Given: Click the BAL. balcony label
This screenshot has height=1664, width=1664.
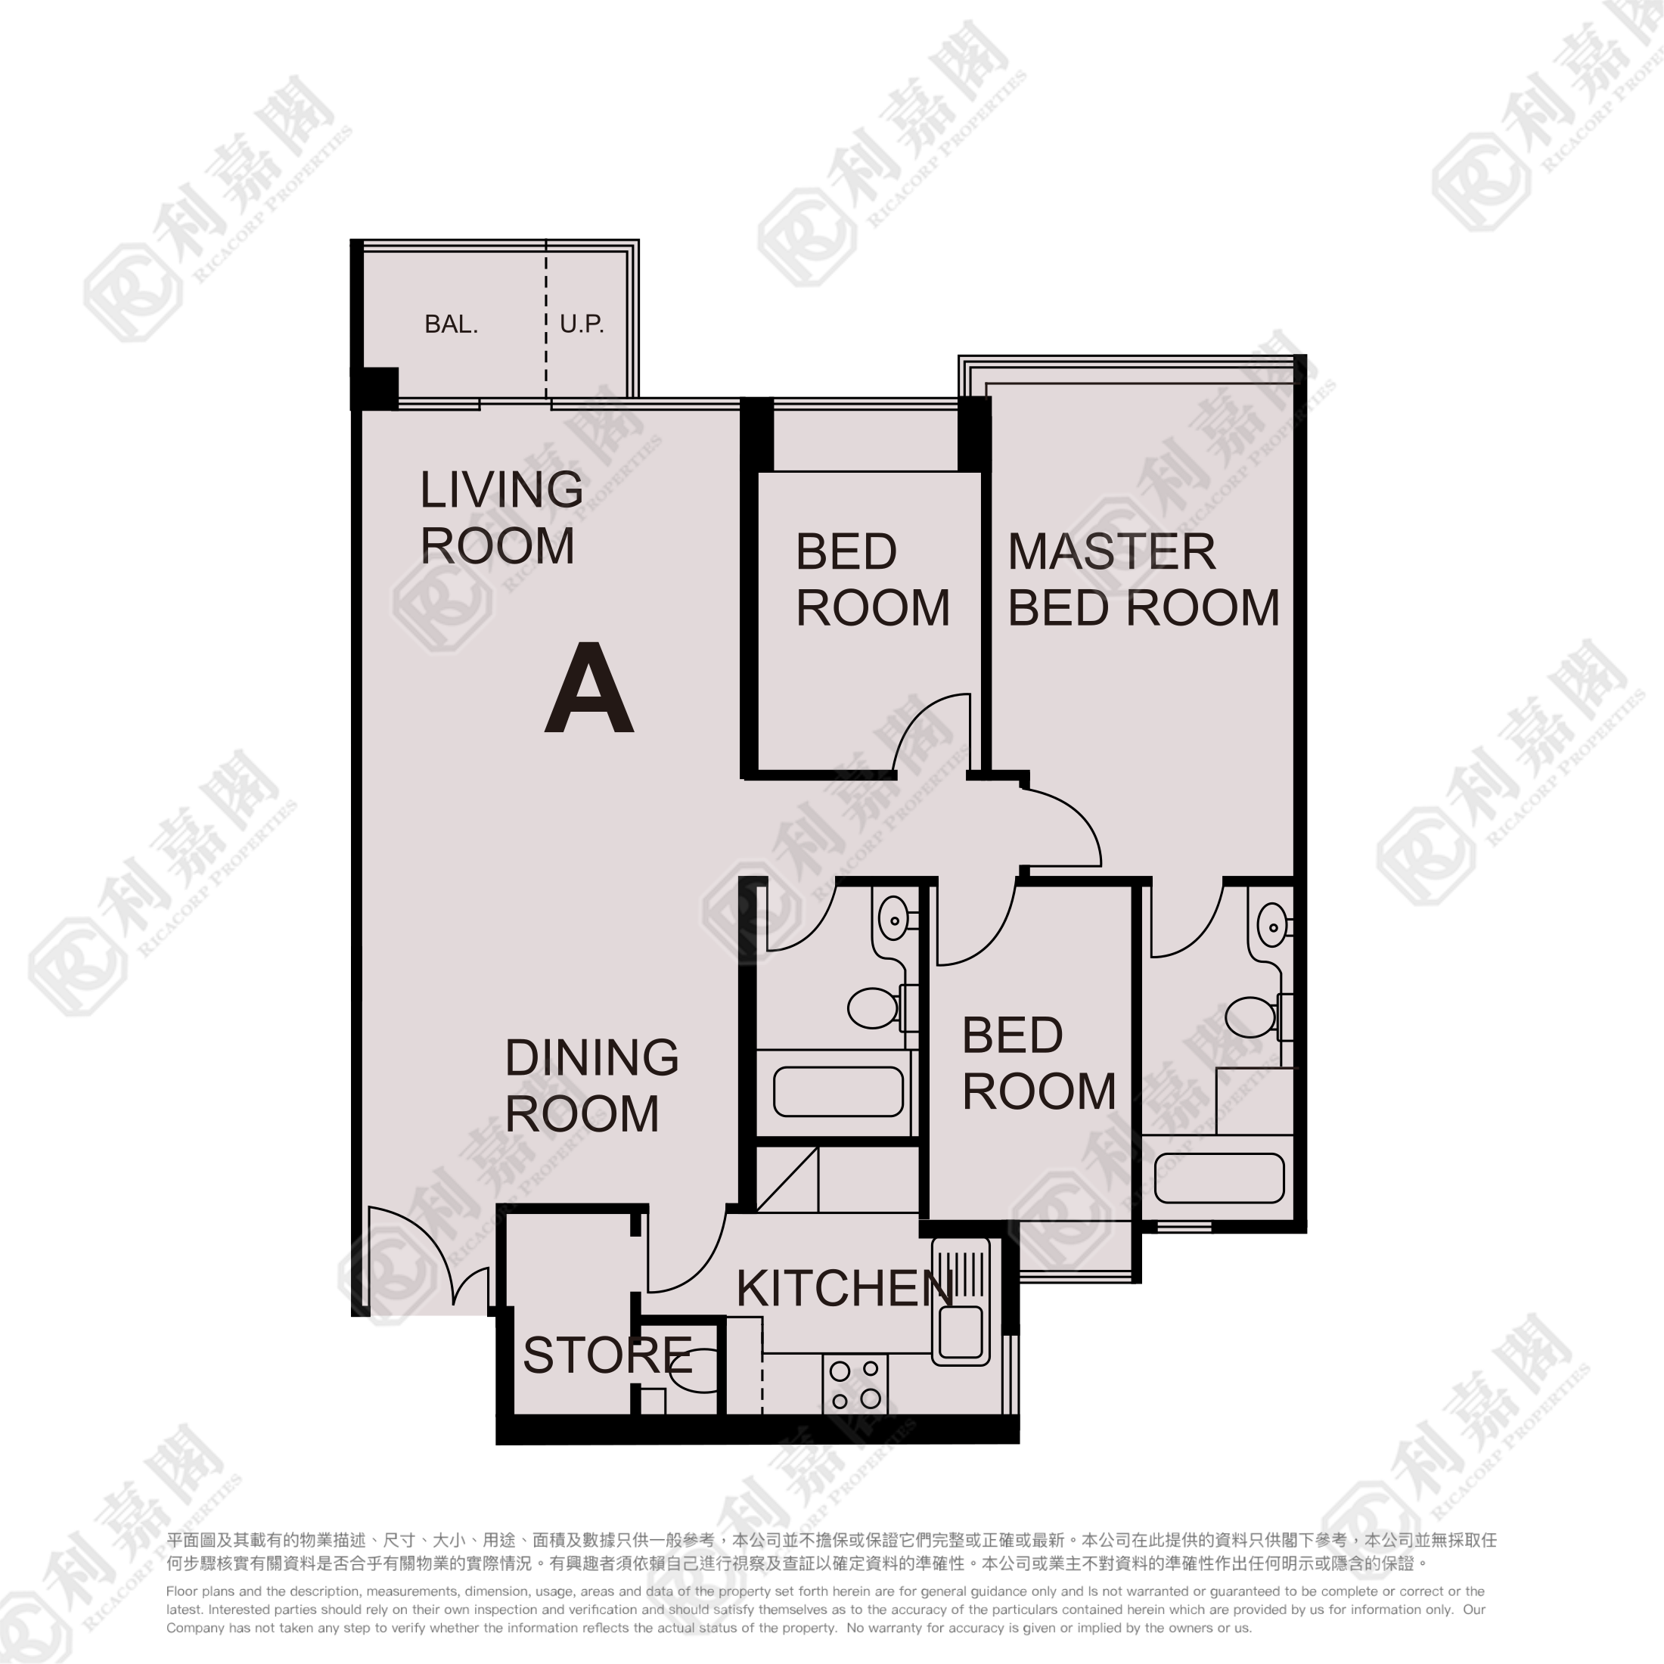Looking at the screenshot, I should tap(451, 324).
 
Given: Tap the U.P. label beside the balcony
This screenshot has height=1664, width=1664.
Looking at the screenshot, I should tap(582, 324).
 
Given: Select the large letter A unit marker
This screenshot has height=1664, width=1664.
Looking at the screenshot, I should tap(589, 689).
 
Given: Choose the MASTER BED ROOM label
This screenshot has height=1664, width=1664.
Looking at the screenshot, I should tap(1143, 579).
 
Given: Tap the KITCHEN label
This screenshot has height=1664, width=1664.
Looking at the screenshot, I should tap(844, 1289).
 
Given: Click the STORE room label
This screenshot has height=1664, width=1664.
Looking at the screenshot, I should tap(607, 1355).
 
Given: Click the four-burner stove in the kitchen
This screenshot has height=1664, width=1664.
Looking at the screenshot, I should tap(855, 1384).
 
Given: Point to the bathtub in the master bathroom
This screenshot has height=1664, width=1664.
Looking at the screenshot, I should tap(1219, 1178).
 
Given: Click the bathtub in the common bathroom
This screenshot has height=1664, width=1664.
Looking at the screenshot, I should tap(838, 1091).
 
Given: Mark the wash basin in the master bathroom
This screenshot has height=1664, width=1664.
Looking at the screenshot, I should tap(1273, 926).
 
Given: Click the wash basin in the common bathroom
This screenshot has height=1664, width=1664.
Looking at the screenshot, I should tap(895, 920).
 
